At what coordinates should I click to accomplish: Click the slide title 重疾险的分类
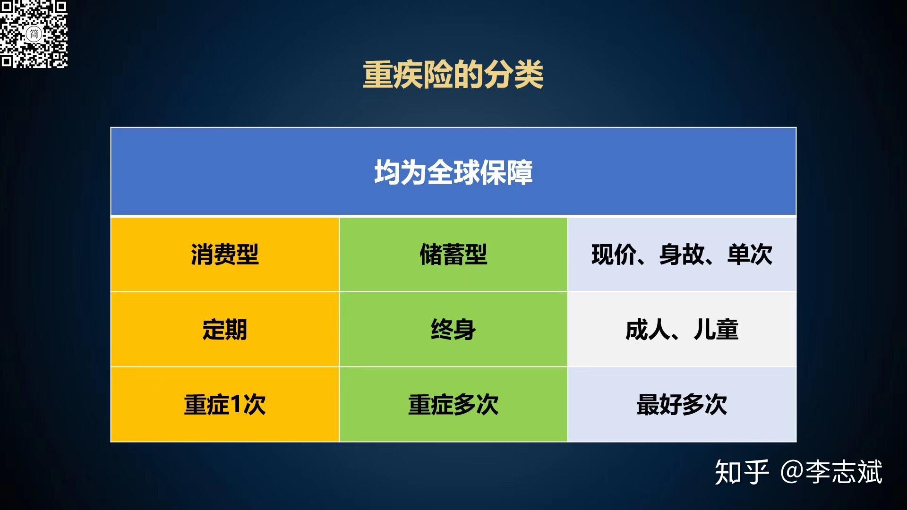(453, 75)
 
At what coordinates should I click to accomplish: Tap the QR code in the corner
(34, 34)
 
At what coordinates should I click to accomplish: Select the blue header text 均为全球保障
(453, 172)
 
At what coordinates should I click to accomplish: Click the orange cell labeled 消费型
(225, 255)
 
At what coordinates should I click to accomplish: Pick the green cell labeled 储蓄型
(453, 255)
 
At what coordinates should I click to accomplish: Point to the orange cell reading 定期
(225, 330)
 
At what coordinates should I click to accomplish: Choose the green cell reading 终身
(453, 330)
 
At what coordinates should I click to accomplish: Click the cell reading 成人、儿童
(682, 330)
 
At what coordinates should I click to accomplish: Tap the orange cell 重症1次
(225, 405)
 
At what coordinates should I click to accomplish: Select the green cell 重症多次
(453, 405)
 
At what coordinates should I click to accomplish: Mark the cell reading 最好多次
(682, 405)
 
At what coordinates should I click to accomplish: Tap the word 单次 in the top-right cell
(750, 255)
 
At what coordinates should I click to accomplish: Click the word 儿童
(716, 330)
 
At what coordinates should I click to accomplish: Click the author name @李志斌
(831, 472)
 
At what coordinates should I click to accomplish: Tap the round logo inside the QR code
(34, 34)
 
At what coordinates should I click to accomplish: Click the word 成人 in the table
(647, 330)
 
